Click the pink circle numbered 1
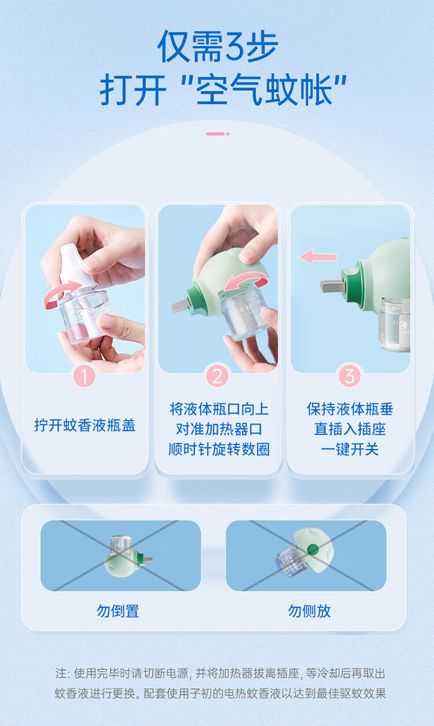(84, 376)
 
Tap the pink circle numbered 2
(217, 376)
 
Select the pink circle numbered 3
(350, 376)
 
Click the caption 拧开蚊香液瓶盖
(85, 425)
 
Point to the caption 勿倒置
(117, 611)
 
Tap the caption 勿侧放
(309, 611)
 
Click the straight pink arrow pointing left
(318, 257)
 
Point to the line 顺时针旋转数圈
(219, 449)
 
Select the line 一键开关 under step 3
(350, 449)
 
